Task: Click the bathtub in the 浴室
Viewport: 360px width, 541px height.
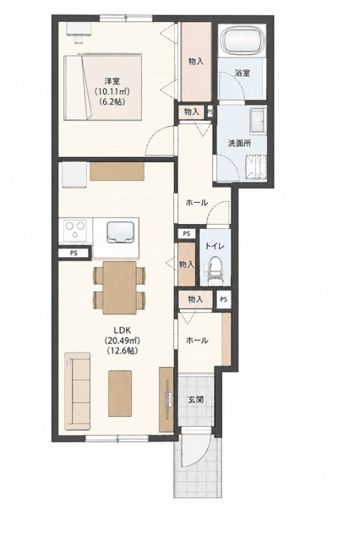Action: pyautogui.click(x=243, y=41)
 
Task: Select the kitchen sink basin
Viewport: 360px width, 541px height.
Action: pyautogui.click(x=121, y=232)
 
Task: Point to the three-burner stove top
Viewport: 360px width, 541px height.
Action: pyautogui.click(x=75, y=230)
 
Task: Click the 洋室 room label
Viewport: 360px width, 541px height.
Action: pyautogui.click(x=112, y=81)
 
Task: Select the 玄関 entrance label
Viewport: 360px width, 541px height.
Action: pyautogui.click(x=195, y=400)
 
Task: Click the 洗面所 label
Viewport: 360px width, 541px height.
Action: pyautogui.click(x=240, y=144)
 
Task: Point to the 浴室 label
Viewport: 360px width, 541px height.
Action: pyautogui.click(x=242, y=74)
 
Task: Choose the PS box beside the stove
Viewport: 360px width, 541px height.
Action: pyautogui.click(x=74, y=253)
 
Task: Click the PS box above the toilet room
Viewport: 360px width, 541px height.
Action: pyautogui.click(x=187, y=233)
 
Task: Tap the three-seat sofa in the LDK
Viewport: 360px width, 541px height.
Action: pyautogui.click(x=77, y=391)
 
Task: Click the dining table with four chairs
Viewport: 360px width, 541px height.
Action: pyautogui.click(x=120, y=287)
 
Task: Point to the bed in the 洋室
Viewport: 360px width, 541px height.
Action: pyautogui.click(x=103, y=88)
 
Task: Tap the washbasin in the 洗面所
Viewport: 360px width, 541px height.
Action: pyautogui.click(x=258, y=120)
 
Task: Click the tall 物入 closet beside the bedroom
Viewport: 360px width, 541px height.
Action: pyautogui.click(x=196, y=62)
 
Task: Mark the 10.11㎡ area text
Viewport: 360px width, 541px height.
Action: pyautogui.click(x=112, y=92)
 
